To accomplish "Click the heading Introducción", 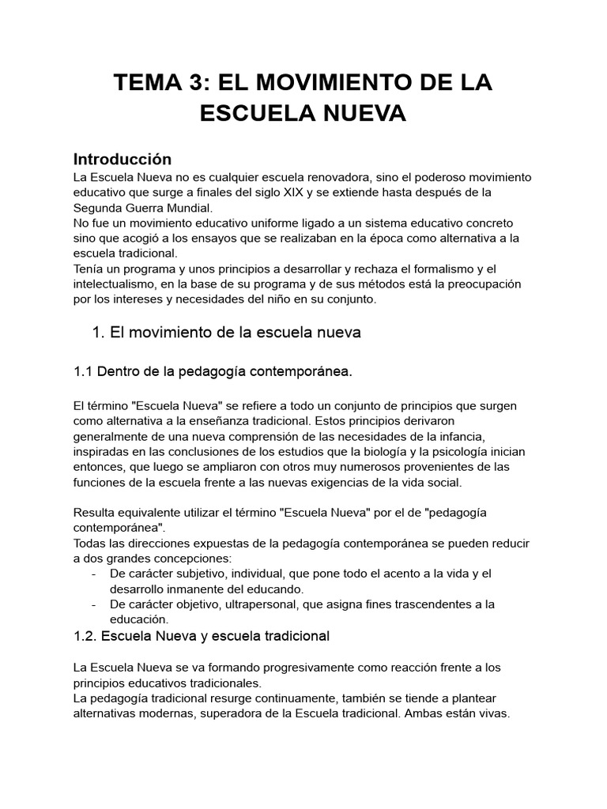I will pyautogui.click(x=122, y=159).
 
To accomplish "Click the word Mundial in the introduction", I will pyautogui.click(x=187, y=208).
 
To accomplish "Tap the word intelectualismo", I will pyautogui.click(x=119, y=284).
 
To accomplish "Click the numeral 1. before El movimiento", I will pyautogui.click(x=99, y=333).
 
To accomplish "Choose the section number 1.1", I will pyautogui.click(x=84, y=371).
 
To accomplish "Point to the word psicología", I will pyautogui.click(x=473, y=452).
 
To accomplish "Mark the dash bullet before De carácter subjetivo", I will pyautogui.click(x=95, y=574).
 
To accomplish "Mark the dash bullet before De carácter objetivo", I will pyautogui.click(x=95, y=604).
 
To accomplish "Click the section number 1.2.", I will pyautogui.click(x=85, y=636).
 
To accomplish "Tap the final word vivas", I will pyautogui.click(x=492, y=713).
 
